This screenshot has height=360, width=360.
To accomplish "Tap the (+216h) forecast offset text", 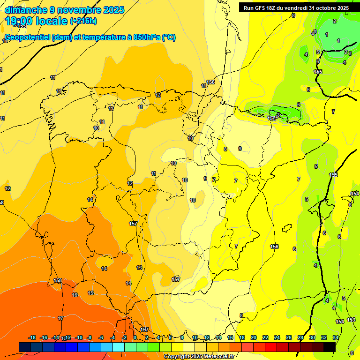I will pyautogui.click(x=83, y=21).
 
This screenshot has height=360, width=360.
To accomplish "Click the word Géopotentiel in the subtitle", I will pyautogui.click(x=27, y=37).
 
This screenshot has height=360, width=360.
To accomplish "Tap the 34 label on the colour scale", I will pyautogui.click(x=336, y=337).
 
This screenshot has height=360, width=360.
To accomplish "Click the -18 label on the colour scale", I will pyautogui.click(x=32, y=337).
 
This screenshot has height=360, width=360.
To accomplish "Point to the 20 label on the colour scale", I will pyautogui.click(x=254, y=337).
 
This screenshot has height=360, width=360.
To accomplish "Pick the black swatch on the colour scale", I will pyautogui.click(x=329, y=347).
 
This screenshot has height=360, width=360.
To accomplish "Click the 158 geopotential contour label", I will pyautogui.click(x=58, y=281).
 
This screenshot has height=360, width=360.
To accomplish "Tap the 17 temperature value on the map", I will pyautogui.click(x=60, y=318).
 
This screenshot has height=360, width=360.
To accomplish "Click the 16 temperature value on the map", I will pyautogui.click(x=75, y=295).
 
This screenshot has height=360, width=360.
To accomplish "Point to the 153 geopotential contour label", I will pyautogui.click(x=351, y=320).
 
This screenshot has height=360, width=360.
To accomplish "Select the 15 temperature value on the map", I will pyautogui.click(x=90, y=293).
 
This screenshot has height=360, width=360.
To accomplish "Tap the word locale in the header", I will pyautogui.click(x=52, y=21).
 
